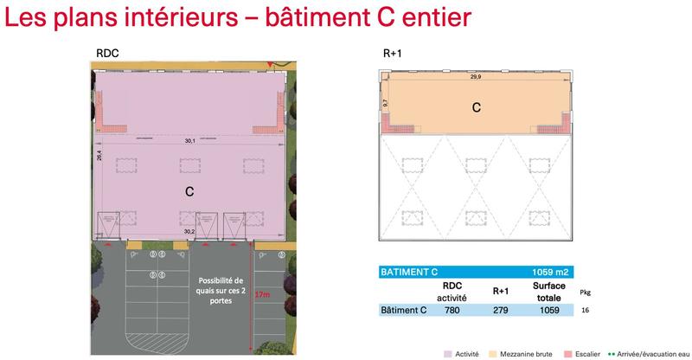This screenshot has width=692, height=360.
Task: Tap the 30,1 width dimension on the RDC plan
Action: click(x=189, y=140)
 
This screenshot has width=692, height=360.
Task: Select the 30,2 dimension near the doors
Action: click(x=189, y=232)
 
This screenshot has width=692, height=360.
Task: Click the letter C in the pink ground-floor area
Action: click(x=189, y=190)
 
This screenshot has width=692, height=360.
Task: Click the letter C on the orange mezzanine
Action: click(x=476, y=108)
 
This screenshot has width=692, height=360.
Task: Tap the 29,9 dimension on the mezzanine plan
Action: click(x=476, y=77)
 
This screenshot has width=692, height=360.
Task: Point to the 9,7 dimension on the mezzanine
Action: click(x=385, y=102)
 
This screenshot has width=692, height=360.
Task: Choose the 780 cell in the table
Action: click(x=452, y=310)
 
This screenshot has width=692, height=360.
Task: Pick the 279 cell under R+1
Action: click(x=501, y=310)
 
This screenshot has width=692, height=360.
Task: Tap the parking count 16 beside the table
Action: click(x=586, y=310)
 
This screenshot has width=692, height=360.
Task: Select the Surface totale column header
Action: click(x=548, y=291)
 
